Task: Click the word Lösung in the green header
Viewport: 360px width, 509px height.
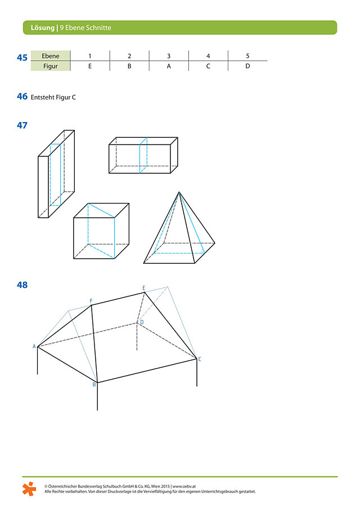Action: point(43,28)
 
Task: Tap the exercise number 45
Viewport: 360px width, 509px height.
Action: point(22,58)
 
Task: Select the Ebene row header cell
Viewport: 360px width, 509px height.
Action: point(50,56)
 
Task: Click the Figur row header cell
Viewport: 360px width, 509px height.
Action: point(50,66)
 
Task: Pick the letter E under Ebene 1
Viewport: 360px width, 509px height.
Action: point(90,66)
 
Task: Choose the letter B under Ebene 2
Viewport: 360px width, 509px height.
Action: point(129,66)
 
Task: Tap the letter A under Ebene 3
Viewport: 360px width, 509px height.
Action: point(169,66)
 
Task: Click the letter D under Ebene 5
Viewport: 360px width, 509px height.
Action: point(247,66)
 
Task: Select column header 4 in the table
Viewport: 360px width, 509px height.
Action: point(208,56)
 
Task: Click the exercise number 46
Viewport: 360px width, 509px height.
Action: point(22,96)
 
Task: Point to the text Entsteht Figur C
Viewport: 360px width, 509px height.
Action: point(53,97)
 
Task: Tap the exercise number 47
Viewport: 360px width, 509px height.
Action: point(22,125)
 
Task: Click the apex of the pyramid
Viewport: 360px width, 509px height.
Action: point(179,192)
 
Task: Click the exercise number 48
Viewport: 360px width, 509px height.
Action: point(22,285)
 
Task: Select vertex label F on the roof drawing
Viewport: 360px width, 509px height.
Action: point(91,301)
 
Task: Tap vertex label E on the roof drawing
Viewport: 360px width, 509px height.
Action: point(144,288)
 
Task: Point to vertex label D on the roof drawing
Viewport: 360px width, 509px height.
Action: point(142,322)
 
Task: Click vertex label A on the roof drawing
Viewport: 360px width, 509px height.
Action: point(34,346)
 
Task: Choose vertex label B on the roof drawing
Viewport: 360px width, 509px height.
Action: point(94,384)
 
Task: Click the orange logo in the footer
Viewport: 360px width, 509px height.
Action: point(29,489)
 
